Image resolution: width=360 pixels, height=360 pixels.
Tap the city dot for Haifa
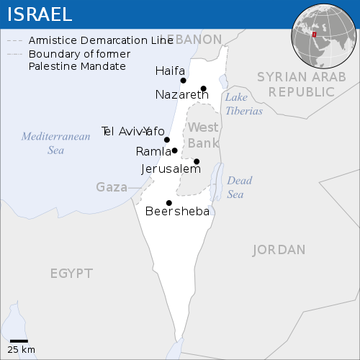tap(183, 81)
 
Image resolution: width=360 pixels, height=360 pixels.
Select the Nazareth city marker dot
tap(204, 89)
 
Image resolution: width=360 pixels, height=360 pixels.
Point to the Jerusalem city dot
tap(197, 161)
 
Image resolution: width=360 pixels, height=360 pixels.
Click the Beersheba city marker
tap(168, 202)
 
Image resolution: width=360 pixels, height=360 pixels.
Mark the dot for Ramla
tap(175, 150)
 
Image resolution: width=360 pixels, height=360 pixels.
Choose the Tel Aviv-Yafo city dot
tap(167, 140)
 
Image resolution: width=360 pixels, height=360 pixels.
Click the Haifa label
tap(170, 71)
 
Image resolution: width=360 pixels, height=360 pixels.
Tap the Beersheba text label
tap(177, 212)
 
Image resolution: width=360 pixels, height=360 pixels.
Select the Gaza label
tap(112, 187)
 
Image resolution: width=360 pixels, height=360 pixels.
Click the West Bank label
tap(203, 135)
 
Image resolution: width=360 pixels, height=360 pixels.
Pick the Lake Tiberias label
tap(243, 104)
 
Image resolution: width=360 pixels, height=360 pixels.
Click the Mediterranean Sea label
tap(55, 143)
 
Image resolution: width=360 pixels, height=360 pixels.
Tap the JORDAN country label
tap(279, 250)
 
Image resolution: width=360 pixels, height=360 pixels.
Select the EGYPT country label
tap(71, 273)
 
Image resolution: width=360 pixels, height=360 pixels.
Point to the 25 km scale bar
tap(19, 341)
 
